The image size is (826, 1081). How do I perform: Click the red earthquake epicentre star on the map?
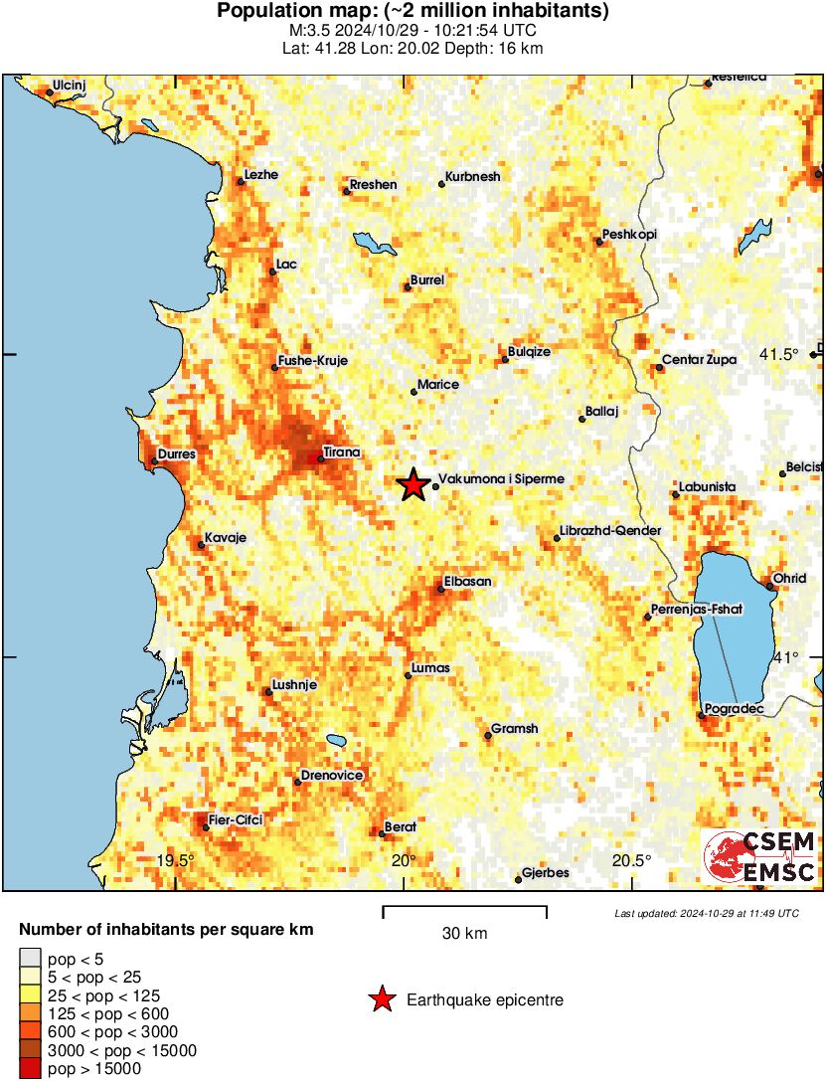point(413,485)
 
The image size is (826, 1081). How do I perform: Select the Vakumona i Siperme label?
point(501,479)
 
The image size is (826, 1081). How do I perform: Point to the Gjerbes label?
point(546,873)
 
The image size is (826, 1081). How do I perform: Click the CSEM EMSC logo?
point(759,857)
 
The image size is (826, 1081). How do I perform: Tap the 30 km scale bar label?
point(464,934)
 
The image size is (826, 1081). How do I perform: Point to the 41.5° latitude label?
point(779,355)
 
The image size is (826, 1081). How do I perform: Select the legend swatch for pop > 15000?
point(30,1069)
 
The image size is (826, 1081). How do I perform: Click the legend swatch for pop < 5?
point(30,959)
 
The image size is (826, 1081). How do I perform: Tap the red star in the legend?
point(381,999)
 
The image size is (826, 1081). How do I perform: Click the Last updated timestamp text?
point(706,913)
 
